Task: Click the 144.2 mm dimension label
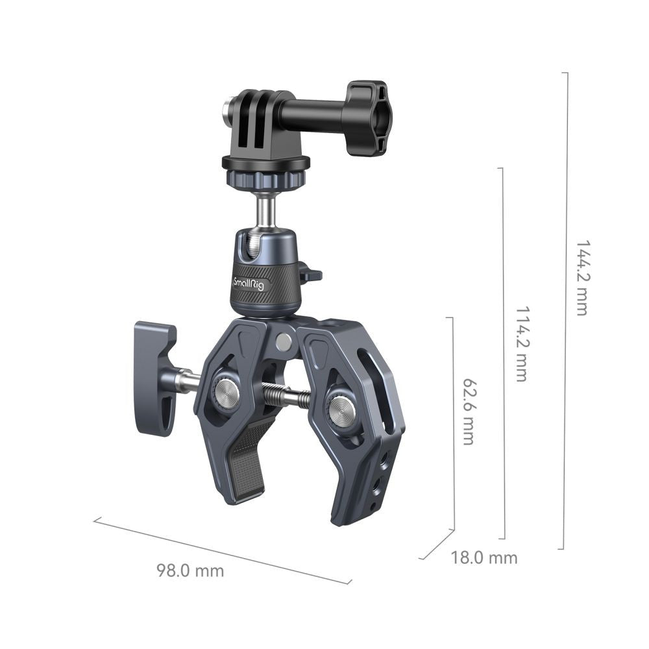(582, 278)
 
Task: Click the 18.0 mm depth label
(484, 557)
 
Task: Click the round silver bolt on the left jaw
(226, 393)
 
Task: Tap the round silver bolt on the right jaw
(341, 411)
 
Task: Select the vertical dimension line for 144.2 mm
(564, 312)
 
